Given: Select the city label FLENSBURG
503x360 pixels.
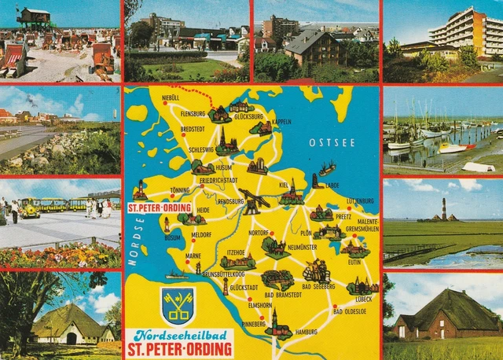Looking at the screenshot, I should click(x=193, y=113).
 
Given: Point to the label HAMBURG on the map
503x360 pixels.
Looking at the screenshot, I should click(x=306, y=332).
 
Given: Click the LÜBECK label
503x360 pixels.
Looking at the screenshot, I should click(x=363, y=299).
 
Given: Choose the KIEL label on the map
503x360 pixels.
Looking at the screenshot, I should click(x=283, y=185).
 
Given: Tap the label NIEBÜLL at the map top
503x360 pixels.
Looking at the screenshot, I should click(x=170, y=97).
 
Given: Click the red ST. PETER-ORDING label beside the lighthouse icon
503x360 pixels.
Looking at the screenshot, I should click(x=158, y=208).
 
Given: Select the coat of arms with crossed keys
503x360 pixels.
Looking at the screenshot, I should click(x=178, y=306).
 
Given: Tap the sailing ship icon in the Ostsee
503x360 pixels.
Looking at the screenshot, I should click(x=327, y=168).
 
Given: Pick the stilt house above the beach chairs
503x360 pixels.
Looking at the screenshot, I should click(x=34, y=17).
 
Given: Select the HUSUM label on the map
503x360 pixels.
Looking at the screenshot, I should click(x=224, y=167).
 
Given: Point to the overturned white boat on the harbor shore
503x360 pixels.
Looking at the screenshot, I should click(x=478, y=167).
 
